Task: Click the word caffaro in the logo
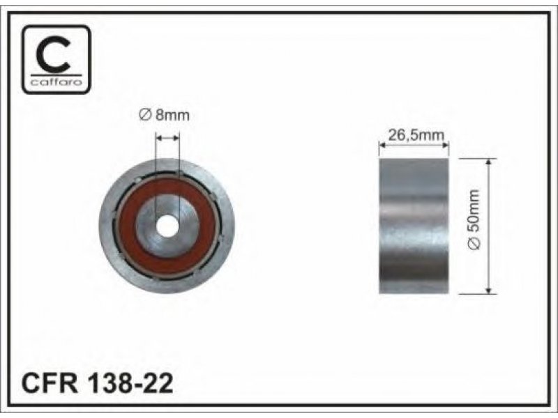pos(56,82)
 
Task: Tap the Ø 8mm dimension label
pos(164,115)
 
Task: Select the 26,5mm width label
pos(416,135)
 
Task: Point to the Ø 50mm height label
pos(474,219)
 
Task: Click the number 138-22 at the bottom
pos(130,382)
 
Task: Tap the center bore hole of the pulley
pos(167,226)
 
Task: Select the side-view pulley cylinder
pos(414,226)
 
